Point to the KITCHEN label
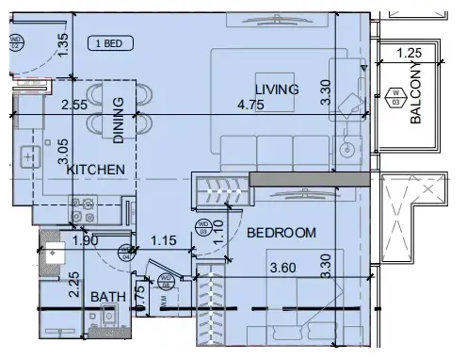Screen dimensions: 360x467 [96, 170]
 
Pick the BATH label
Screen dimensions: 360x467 [108, 297]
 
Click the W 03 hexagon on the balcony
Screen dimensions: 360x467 [395, 96]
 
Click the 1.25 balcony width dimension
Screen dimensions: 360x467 [409, 54]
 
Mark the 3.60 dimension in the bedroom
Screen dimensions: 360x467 [283, 268]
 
